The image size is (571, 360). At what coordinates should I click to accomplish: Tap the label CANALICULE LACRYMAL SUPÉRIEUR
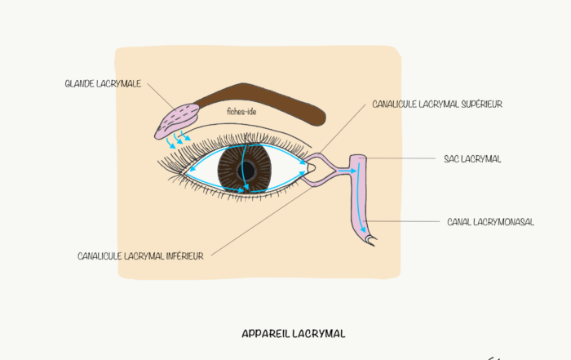click(x=436, y=104)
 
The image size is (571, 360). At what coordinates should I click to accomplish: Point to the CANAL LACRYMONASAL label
click(x=490, y=221)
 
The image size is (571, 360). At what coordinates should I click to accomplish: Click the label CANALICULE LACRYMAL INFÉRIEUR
click(x=140, y=256)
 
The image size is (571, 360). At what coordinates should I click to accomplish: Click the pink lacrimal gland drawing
click(x=179, y=120)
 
